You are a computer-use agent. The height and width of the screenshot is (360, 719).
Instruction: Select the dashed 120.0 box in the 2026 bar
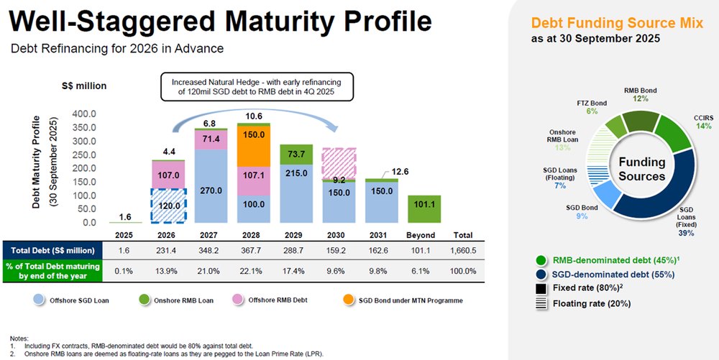pyautogui.click(x=170, y=206)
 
